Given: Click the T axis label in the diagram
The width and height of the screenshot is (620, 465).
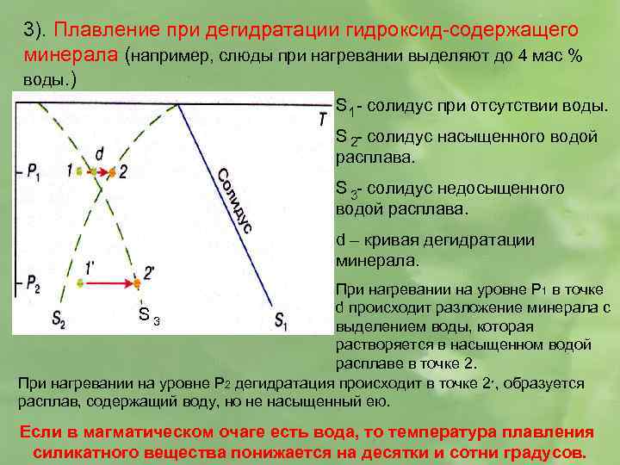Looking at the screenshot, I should [x=321, y=118].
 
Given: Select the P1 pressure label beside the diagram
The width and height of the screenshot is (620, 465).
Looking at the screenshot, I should [x=34, y=172].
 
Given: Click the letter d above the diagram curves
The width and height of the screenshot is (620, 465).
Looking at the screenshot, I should [x=99, y=153].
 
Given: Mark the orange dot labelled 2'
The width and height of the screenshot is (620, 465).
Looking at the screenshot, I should [x=136, y=282].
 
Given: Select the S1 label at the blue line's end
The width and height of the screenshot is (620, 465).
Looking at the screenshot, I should [x=282, y=321].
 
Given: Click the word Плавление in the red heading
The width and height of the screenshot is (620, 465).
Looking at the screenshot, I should [x=97, y=30].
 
